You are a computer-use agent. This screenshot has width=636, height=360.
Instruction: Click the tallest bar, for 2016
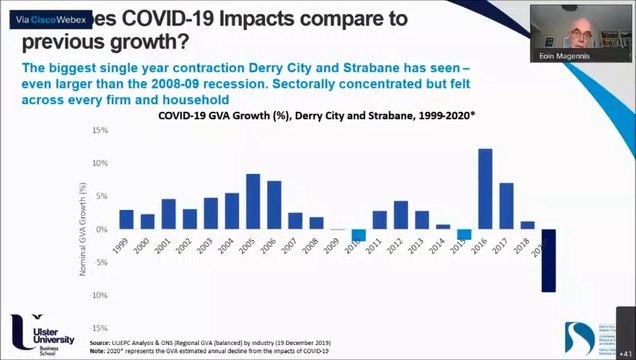point(485,189)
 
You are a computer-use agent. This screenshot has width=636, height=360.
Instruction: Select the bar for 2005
point(253,202)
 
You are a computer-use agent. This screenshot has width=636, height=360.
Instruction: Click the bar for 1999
point(126,219)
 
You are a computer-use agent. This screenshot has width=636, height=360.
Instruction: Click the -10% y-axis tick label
point(98,295)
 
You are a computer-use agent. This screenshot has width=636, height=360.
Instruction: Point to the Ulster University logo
point(39,331)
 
